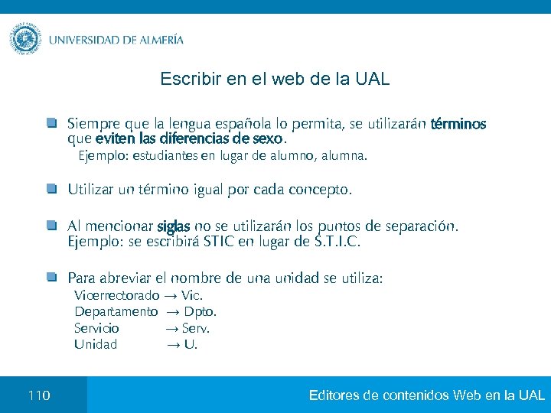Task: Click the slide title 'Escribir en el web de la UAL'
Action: pyautogui.click(x=275, y=79)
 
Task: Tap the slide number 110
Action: pyautogui.click(x=38, y=395)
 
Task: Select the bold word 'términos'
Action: pyautogui.click(x=458, y=124)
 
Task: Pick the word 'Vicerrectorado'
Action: pyautogui.click(x=116, y=295)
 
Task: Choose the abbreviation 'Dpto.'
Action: pyautogui.click(x=201, y=311)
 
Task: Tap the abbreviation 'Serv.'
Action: pyautogui.click(x=196, y=328)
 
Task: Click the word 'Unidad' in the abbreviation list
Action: pyautogui.click(x=96, y=344)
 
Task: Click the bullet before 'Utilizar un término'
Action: pyautogui.click(x=51, y=188)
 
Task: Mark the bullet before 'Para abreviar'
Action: pyautogui.click(x=51, y=277)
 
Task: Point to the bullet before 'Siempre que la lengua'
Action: pyautogui.click(x=51, y=122)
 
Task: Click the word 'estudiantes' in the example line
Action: pyautogui.click(x=165, y=157)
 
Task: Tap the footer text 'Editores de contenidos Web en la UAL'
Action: pyautogui.click(x=426, y=395)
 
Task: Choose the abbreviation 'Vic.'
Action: pyautogui.click(x=193, y=295)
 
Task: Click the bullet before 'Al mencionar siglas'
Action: pyautogui.click(x=51, y=226)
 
